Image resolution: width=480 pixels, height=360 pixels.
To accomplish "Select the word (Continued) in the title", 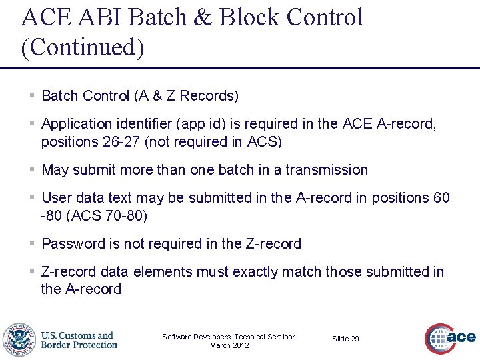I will pos(83,48).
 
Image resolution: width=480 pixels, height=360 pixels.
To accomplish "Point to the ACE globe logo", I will pos(451,339).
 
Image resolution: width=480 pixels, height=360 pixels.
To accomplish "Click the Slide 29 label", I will pos(345,339).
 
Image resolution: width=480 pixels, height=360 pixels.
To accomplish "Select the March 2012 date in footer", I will pos(229,345).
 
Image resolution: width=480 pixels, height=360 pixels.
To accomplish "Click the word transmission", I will pos(327,170).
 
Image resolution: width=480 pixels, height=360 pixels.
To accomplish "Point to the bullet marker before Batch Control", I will pos(32,96).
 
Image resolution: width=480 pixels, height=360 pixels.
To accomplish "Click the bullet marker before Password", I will pos(32,244).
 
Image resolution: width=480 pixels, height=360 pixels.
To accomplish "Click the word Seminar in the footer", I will pos(280,337).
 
